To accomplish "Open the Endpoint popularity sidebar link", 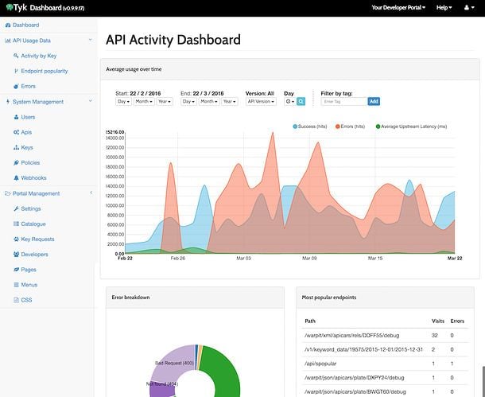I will [x=45, y=71].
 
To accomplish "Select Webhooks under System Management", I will [x=34, y=177].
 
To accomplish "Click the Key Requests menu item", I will [x=37, y=239].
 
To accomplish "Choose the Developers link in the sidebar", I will [x=34, y=255].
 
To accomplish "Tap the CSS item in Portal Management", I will [x=27, y=300].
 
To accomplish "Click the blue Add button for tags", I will [x=374, y=102].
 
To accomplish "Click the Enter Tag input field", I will [x=343, y=102].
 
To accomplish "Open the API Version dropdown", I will [x=261, y=102].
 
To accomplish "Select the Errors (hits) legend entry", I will [x=362, y=126].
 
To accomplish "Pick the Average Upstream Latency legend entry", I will [x=413, y=126].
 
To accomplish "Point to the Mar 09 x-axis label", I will [x=309, y=259].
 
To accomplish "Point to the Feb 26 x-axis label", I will [x=177, y=259].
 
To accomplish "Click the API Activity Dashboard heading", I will [x=173, y=40].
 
